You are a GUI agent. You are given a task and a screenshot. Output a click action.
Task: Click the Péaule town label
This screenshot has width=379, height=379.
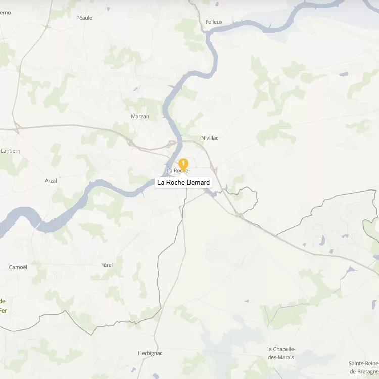[x=84, y=18]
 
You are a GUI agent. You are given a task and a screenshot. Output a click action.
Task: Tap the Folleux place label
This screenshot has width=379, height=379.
[x=214, y=22]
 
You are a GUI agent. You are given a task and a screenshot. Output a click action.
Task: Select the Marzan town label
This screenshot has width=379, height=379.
[x=140, y=116]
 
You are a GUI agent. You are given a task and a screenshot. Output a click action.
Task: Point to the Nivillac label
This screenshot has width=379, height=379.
[x=210, y=138]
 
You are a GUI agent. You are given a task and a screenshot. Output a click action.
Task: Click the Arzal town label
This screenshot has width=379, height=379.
[x=51, y=180]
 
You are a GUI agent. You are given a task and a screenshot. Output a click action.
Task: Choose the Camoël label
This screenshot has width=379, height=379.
[x=18, y=267]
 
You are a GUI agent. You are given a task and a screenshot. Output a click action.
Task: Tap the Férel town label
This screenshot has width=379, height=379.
[x=107, y=264]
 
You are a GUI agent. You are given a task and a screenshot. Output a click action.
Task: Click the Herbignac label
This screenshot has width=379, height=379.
[x=150, y=353]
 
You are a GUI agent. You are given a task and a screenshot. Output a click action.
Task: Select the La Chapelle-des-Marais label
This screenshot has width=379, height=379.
[x=280, y=353]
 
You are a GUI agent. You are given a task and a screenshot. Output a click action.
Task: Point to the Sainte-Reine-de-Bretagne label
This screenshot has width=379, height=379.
[x=363, y=367]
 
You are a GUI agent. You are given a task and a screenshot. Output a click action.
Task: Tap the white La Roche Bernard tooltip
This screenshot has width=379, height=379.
[x=183, y=182]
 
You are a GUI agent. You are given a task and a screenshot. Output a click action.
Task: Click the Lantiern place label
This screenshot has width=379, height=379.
[x=11, y=151]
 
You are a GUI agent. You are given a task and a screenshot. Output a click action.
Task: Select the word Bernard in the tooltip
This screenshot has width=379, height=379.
[x=198, y=182]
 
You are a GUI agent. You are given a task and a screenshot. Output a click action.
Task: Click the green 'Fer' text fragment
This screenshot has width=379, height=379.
[x=3, y=311]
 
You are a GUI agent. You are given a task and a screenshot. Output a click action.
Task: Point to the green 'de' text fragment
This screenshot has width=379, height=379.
[x=3, y=301]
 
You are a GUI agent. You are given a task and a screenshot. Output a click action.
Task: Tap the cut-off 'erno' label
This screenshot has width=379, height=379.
[x=5, y=13]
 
